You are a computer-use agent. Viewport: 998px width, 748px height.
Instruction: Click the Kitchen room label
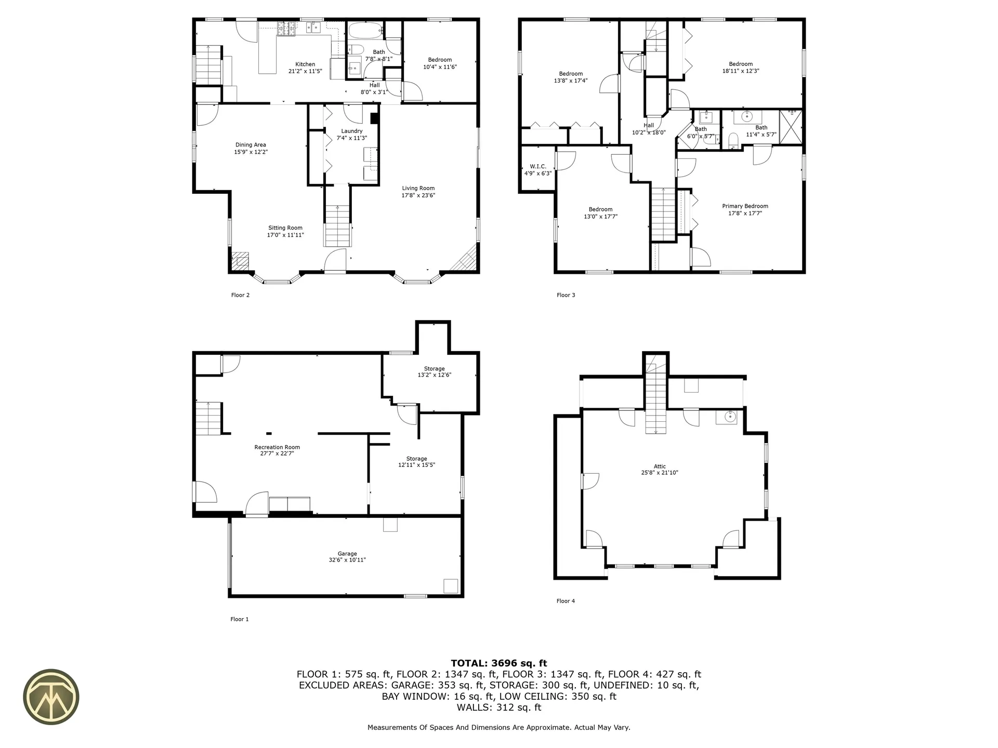(305, 64)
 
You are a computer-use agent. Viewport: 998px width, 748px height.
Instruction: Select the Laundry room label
(352, 131)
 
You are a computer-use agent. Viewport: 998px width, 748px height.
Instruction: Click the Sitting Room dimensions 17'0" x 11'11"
(285, 235)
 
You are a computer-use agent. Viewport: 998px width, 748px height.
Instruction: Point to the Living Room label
(418, 189)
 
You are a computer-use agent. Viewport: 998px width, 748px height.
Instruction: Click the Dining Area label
(251, 145)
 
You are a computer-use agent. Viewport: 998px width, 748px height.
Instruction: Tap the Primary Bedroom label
(745, 206)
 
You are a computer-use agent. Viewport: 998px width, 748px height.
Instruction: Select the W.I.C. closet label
(538, 167)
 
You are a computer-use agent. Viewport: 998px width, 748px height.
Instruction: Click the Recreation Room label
(277, 447)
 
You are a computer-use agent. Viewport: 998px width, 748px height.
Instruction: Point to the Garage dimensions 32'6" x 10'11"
(347, 560)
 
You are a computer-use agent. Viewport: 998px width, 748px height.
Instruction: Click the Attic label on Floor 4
(660, 466)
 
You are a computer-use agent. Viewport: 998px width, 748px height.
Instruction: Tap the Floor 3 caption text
(566, 295)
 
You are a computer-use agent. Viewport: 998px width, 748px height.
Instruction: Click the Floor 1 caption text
(240, 619)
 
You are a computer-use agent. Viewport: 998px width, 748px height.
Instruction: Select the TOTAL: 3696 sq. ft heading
(498, 663)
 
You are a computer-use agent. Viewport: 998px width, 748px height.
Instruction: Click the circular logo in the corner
(51, 697)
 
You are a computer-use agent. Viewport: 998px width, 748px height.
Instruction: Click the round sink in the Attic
(730, 417)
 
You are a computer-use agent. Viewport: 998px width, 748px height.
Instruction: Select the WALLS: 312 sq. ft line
(498, 707)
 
